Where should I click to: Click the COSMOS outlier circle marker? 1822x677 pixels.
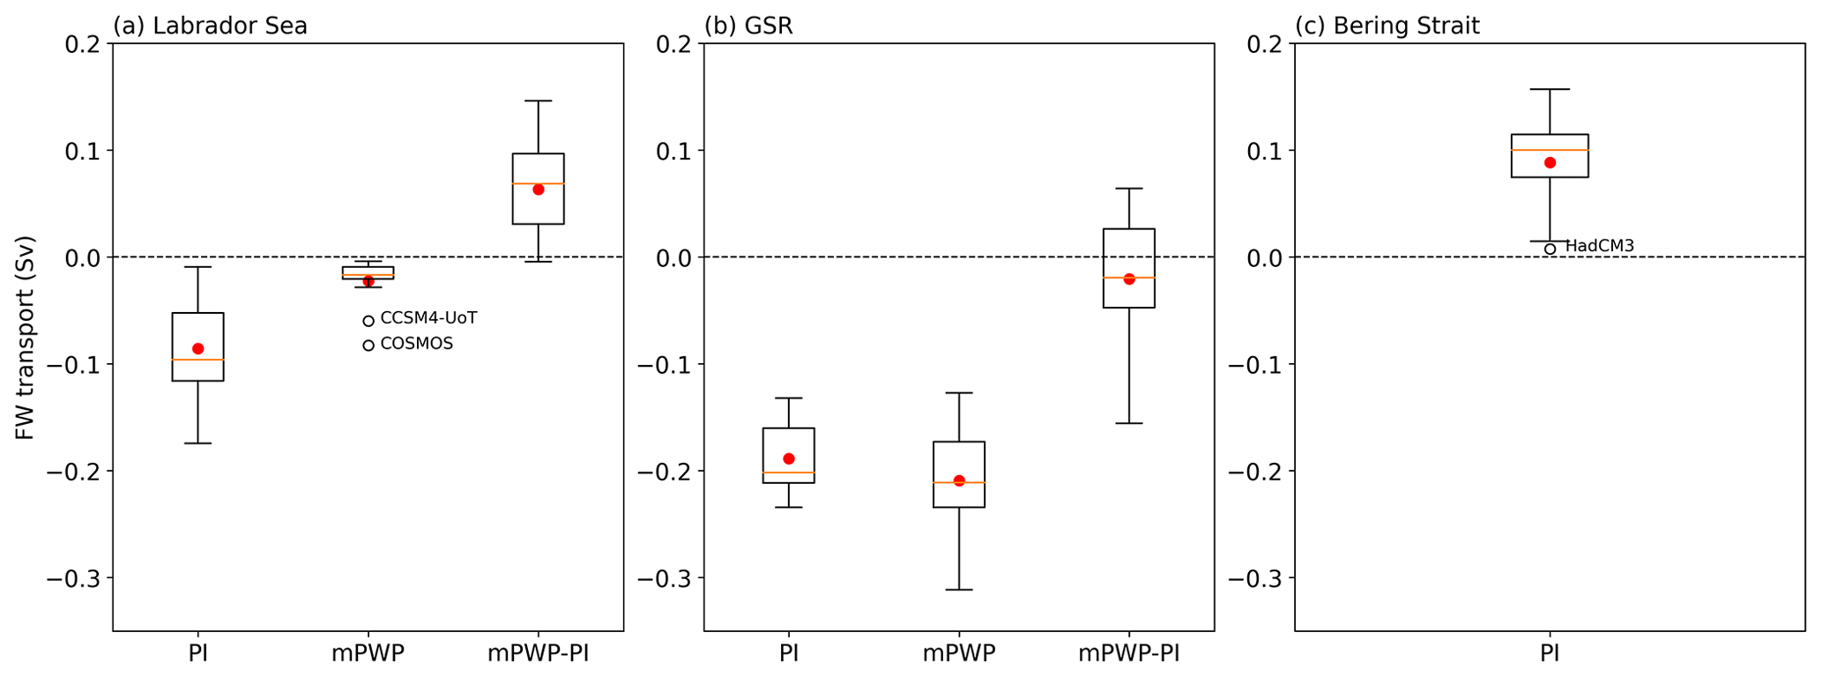coord(368,345)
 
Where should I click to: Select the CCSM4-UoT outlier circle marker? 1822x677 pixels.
coord(368,321)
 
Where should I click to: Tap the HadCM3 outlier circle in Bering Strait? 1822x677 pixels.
coord(1550,249)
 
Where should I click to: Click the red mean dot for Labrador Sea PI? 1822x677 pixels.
coord(198,349)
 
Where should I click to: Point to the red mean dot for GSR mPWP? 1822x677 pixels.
coord(959,480)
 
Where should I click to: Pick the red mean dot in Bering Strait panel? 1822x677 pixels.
coord(1550,162)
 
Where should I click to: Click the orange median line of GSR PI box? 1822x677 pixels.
coord(788,473)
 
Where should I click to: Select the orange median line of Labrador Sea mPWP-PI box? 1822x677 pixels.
coord(539,183)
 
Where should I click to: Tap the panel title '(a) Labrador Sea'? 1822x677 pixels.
coord(210,26)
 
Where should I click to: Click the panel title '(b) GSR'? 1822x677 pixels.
coord(748,26)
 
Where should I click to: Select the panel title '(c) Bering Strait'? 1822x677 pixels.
coord(1387,26)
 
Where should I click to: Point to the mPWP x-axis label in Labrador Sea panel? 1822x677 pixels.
coord(368,654)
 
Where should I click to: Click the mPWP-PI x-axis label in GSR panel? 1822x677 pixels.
coord(1129,654)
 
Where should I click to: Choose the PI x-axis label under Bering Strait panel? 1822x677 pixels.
coord(1550,654)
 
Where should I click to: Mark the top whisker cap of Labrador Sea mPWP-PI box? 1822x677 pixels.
coord(539,101)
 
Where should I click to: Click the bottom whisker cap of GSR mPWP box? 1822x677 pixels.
coord(959,590)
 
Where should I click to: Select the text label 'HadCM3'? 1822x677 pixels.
coord(1599,246)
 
